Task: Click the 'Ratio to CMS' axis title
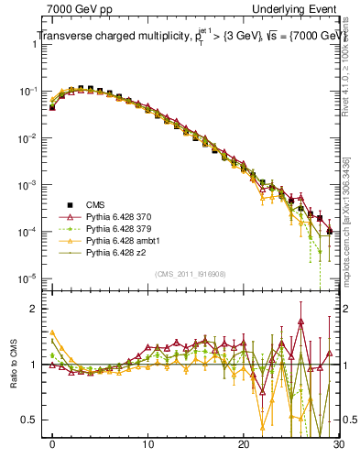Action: (x=12, y=364)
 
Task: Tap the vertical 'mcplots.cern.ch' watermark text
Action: (x=349, y=211)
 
